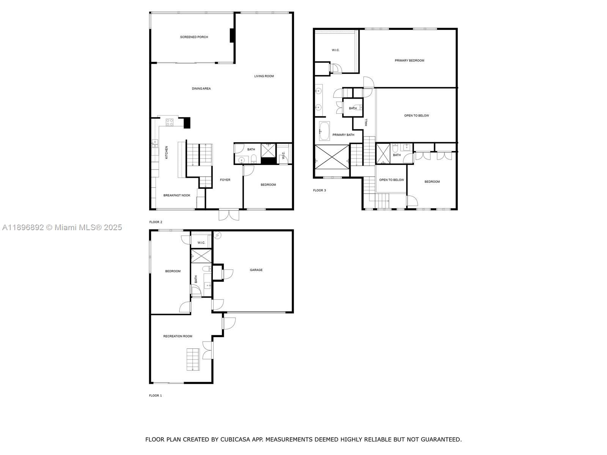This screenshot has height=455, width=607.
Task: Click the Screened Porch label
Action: pos(194,37)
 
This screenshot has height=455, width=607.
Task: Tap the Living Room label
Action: pos(264,76)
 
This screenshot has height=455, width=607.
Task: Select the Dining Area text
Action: pos(201,89)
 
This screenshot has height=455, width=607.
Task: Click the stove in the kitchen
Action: pos(170,122)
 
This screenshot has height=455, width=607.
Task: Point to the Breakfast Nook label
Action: pos(177,195)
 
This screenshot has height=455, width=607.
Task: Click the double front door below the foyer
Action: pos(229,215)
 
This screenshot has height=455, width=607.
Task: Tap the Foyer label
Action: pos(225,180)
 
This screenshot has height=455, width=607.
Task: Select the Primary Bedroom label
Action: pos(409,61)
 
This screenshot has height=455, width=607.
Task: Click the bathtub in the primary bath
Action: pos(324,131)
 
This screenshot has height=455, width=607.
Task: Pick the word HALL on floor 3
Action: pos(366,122)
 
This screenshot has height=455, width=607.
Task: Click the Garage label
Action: pos(256,270)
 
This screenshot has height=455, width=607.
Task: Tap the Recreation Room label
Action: pos(178,336)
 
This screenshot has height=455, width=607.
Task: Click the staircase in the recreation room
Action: pos(193,359)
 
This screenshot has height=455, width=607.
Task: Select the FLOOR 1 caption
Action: pos(155,395)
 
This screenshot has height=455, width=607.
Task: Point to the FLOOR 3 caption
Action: pos(319,190)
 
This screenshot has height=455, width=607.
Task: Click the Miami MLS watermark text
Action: pos(62,227)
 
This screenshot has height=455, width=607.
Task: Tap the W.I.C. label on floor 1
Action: pos(201,243)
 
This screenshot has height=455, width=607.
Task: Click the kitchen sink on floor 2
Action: pos(155,143)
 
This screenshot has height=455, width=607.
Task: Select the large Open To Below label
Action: pos(416,116)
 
